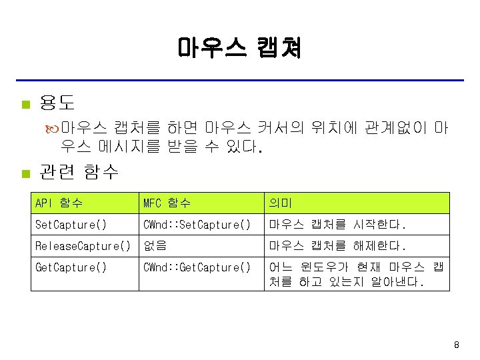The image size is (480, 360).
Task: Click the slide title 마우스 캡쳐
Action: coord(239,48)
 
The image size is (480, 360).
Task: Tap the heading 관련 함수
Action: coord(79,173)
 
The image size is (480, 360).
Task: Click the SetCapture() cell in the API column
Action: coord(71,225)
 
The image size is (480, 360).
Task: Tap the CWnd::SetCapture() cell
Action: coord(197,225)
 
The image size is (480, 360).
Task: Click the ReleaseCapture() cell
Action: coord(83,246)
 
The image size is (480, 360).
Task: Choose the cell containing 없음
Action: coord(155,246)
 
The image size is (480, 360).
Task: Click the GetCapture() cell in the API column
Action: coord(71,267)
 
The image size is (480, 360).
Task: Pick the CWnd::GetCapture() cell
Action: coord(197,267)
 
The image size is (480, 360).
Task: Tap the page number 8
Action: coord(456,345)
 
